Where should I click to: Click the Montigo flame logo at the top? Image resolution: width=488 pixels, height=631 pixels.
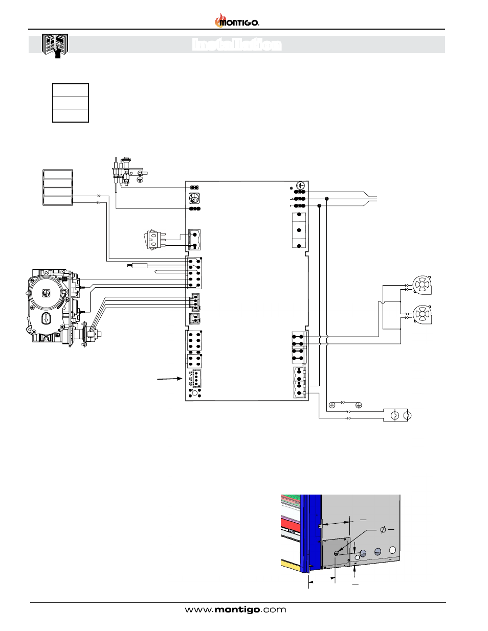point(237,20)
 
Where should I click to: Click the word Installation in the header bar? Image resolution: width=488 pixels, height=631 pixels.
point(237,45)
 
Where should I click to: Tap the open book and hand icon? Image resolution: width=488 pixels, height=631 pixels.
point(55,46)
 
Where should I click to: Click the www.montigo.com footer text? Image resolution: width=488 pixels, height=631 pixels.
point(235,609)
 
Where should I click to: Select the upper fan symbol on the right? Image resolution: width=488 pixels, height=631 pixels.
point(422,285)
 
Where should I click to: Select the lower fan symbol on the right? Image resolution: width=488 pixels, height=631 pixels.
point(422,315)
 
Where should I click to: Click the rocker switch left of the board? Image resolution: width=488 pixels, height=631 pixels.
point(154,240)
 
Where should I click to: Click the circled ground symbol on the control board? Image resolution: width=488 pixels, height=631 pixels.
point(300,185)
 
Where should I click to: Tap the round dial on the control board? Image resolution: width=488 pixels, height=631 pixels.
point(194,198)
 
